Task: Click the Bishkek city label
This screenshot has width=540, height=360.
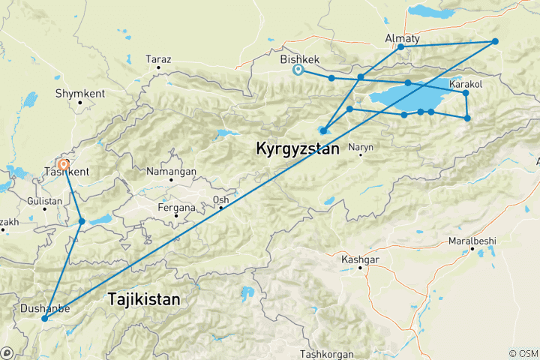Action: point(299,58)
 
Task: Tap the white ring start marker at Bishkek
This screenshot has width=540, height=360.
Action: point(298,70)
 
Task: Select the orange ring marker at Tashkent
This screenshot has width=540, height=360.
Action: point(64,163)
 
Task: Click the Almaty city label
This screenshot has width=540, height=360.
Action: point(402,37)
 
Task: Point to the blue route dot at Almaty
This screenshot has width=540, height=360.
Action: point(400,47)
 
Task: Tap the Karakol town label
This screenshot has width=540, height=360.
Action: point(466,84)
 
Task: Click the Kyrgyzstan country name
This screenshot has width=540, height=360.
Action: point(298,148)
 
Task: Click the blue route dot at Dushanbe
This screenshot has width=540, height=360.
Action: point(44,319)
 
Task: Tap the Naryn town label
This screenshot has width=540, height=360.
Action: point(361,147)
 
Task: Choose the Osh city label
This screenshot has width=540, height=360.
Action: point(220,199)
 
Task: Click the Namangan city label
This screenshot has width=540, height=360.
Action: point(172,171)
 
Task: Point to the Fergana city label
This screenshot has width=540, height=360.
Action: point(175,207)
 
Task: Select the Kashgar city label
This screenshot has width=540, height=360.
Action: point(360,259)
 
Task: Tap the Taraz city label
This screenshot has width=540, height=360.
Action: point(158,58)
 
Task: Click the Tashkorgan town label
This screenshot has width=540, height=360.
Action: point(326,353)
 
